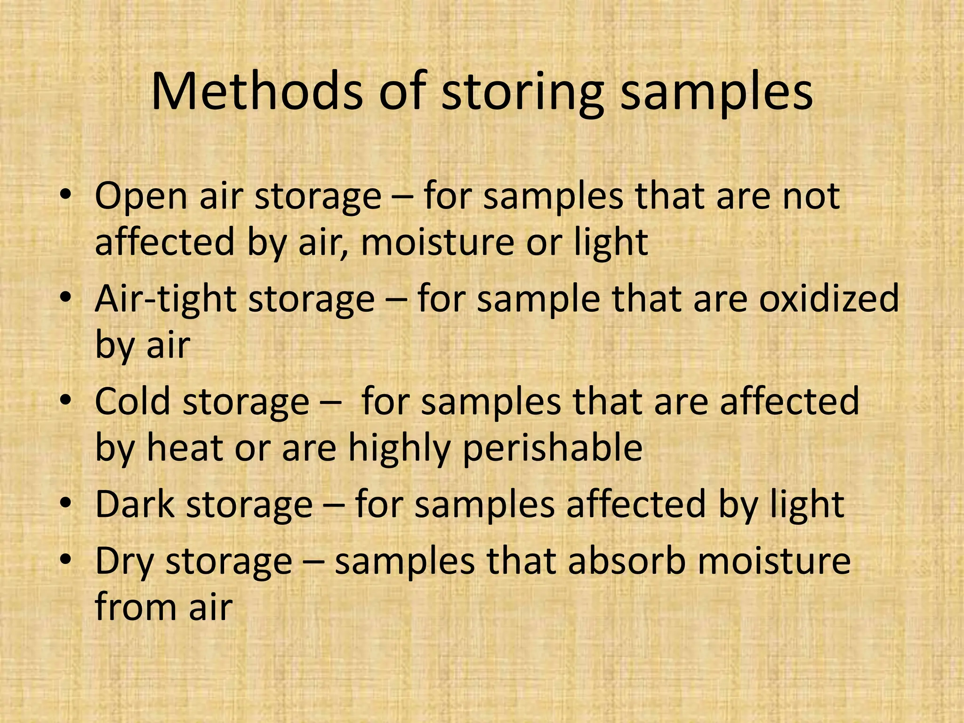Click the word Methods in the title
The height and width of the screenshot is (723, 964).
[257, 92]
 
